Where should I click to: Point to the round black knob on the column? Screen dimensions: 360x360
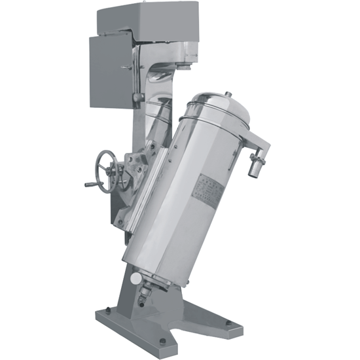click(137, 98)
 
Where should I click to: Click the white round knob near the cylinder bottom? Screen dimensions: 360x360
click(135, 278)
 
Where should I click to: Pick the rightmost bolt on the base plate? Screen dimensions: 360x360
click(228, 322)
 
